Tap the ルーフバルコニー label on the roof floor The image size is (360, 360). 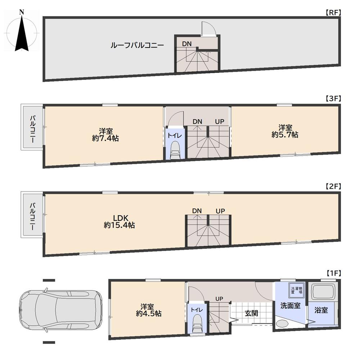click(137, 45)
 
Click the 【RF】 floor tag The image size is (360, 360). click(333, 13)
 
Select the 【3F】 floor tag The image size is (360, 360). click(333, 99)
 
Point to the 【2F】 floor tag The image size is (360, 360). click(333, 186)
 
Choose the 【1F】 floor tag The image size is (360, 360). click(333, 273)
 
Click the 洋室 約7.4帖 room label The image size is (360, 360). click(105, 135)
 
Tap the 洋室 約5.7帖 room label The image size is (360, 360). click(285, 131)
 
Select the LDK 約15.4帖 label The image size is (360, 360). click(120, 221)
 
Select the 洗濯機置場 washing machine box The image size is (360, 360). click(297, 290)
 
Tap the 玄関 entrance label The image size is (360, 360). click(251, 313)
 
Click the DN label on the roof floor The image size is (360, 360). click(186, 44)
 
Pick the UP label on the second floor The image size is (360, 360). click(220, 211)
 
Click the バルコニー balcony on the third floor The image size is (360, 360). click(32, 127)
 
